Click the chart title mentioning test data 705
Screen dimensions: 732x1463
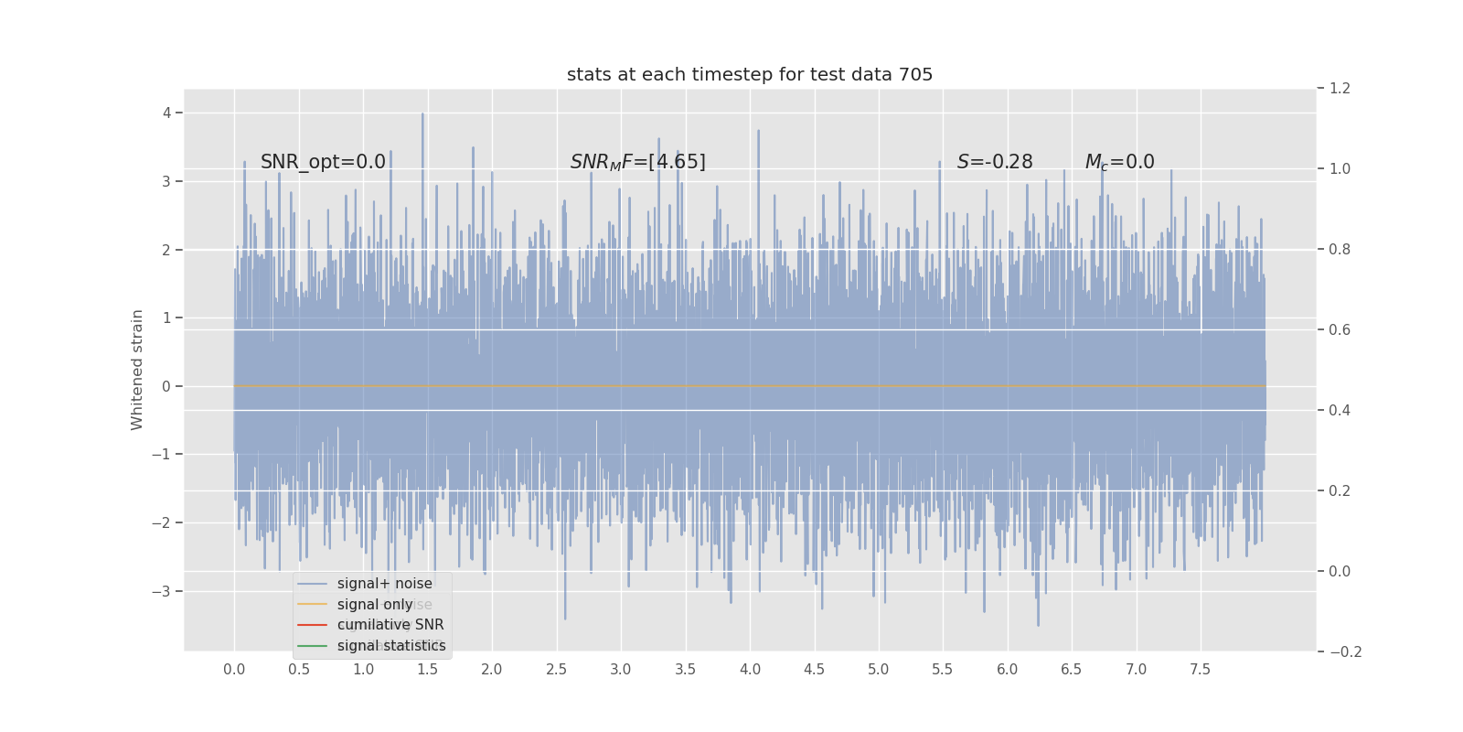[x=750, y=75]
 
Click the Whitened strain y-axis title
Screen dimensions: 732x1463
[x=137, y=370]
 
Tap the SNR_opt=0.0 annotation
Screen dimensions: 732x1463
[x=323, y=162]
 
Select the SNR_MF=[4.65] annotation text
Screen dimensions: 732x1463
[x=637, y=162]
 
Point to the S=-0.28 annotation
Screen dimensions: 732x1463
[x=995, y=162]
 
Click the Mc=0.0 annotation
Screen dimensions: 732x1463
[x=1119, y=162]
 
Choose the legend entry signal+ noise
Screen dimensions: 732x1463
[x=384, y=584]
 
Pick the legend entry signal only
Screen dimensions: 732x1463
[x=375, y=605]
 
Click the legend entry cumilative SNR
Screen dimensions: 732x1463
[x=390, y=625]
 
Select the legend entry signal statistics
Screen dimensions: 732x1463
[x=391, y=646]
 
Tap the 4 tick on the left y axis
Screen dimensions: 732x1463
[x=167, y=113]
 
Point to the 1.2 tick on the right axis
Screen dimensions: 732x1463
[x=1340, y=89]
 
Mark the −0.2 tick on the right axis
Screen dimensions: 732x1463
[x=1345, y=652]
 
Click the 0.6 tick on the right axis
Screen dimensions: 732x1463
[x=1340, y=330]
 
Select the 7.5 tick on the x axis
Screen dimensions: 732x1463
[x=1200, y=670]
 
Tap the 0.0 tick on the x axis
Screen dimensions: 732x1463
[x=234, y=670]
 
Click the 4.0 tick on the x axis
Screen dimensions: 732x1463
[x=750, y=670]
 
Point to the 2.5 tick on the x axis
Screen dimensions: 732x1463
[x=556, y=670]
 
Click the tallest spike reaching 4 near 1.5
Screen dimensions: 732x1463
[x=422, y=115]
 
